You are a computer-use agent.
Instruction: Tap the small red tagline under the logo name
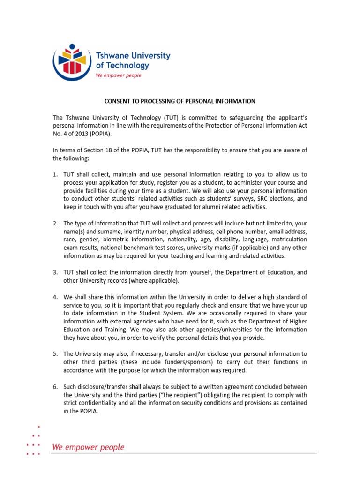(118, 75)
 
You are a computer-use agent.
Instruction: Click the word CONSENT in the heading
(118, 101)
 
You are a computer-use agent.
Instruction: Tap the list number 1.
(55, 174)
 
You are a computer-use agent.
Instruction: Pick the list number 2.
(55, 224)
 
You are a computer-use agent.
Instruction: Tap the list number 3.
(55, 272)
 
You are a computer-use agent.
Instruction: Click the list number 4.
(55, 297)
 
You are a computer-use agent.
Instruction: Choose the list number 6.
(55, 387)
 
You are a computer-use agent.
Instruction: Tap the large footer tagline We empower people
(88, 447)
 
